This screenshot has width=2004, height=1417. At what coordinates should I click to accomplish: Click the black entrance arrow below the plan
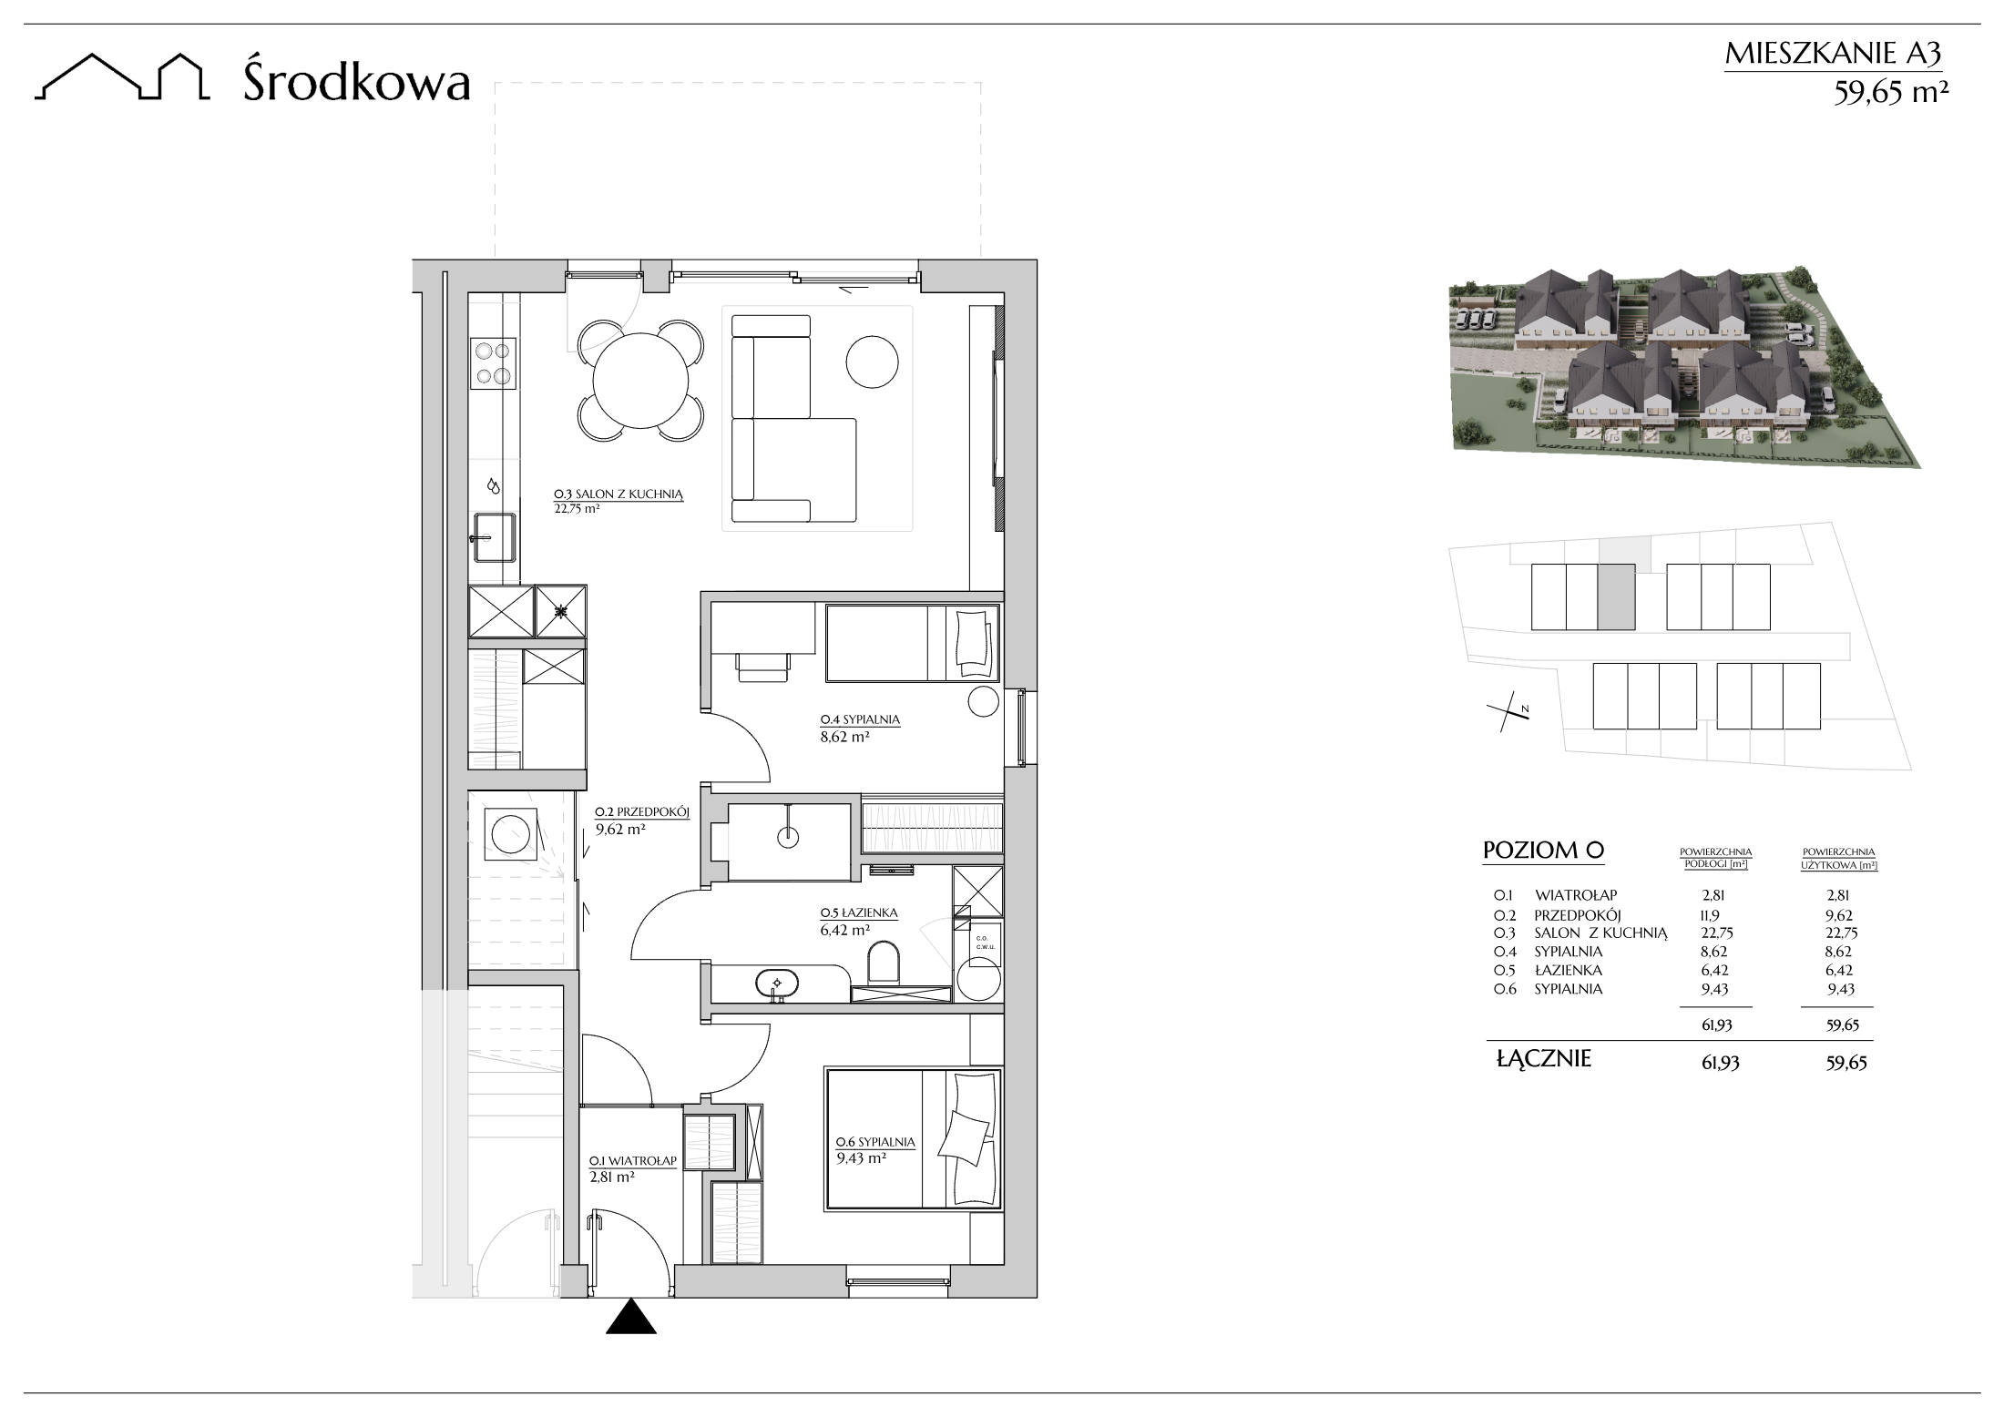[x=631, y=1316]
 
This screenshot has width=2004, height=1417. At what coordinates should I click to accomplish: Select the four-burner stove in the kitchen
[x=493, y=363]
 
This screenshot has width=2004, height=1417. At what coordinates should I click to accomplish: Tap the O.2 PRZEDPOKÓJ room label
[x=642, y=812]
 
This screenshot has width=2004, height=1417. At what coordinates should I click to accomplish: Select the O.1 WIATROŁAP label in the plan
[x=632, y=1161]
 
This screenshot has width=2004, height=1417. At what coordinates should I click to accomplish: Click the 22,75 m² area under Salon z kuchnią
[x=577, y=510]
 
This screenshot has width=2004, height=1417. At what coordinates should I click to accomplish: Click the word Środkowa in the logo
[x=357, y=82]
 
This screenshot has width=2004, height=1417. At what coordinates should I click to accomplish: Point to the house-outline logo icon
[x=122, y=76]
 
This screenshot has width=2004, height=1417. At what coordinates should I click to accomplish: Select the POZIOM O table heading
[x=1543, y=851]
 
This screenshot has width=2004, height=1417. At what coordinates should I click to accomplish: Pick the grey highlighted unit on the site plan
[x=1616, y=596]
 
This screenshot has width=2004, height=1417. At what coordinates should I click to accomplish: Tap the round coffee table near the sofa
[x=873, y=362]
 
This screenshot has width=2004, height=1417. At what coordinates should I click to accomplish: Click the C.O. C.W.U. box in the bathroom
[x=983, y=943]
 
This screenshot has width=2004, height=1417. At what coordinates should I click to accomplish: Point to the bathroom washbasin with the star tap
[x=777, y=984]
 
